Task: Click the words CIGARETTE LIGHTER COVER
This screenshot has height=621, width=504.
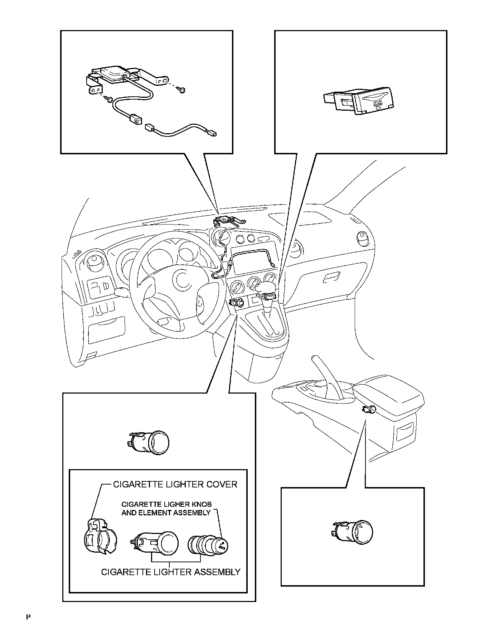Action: [x=175, y=485]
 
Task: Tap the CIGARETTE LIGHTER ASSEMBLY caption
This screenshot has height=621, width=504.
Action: [x=171, y=572]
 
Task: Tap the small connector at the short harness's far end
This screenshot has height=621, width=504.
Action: [x=212, y=135]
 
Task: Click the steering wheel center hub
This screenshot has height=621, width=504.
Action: [x=184, y=280]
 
